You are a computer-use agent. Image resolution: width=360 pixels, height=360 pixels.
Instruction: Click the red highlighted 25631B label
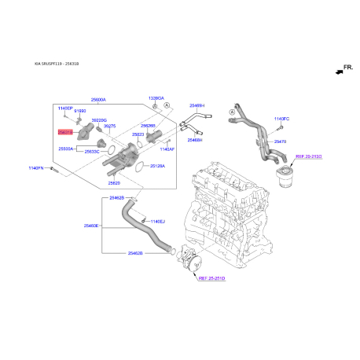click(64, 133)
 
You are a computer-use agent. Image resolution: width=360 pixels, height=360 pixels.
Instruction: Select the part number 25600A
click(98, 100)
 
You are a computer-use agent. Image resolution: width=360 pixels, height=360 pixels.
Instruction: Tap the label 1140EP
click(64, 107)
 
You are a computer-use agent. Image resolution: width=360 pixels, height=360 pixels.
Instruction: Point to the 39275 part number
click(109, 126)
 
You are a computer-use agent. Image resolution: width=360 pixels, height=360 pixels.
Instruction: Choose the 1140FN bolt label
click(39, 167)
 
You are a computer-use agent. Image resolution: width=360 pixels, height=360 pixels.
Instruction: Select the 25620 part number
click(114, 182)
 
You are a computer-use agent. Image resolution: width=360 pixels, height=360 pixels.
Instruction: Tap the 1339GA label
click(156, 98)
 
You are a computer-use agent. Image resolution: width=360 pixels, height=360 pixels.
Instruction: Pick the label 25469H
click(197, 105)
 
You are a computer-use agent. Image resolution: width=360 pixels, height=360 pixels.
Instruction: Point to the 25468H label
click(195, 139)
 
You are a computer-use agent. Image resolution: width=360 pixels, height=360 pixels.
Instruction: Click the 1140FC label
click(282, 119)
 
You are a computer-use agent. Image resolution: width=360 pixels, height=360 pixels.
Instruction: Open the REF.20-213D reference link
click(308, 157)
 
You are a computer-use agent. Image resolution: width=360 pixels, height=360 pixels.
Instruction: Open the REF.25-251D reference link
click(211, 278)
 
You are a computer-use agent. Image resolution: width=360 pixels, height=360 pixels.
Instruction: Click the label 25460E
click(91, 226)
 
